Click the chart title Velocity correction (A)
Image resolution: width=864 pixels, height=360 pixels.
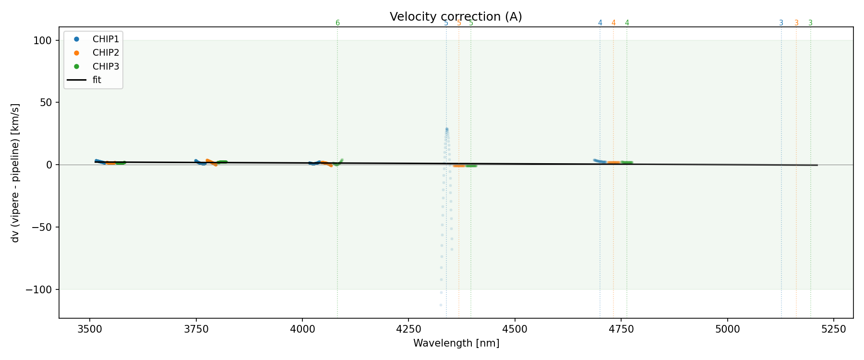[x=456, y=17]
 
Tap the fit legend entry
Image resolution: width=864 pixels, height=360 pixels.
[x=96, y=80]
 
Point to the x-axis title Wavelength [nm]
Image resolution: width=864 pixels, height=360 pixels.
[x=456, y=343]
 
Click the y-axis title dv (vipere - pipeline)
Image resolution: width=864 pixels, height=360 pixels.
[x=15, y=173]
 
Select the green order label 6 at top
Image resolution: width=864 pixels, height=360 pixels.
[x=337, y=23]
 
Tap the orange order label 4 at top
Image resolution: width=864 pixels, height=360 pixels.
[x=613, y=23]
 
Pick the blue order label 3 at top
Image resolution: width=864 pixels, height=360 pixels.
[x=781, y=23]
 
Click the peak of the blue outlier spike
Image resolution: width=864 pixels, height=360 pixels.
[x=446, y=129]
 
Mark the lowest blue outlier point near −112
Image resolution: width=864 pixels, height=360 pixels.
[x=441, y=305]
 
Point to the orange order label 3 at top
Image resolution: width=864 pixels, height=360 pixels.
[x=796, y=23]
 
